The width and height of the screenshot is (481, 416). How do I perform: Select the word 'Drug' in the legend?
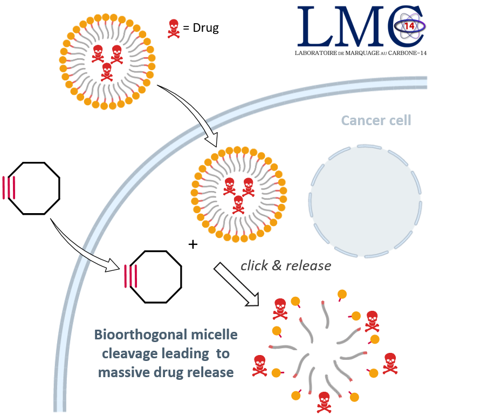click(205, 28)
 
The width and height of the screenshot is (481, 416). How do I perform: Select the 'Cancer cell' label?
click(376, 120)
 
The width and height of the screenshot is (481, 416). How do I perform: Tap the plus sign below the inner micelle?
click(193, 244)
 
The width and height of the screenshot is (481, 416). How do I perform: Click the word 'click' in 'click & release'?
click(254, 265)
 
